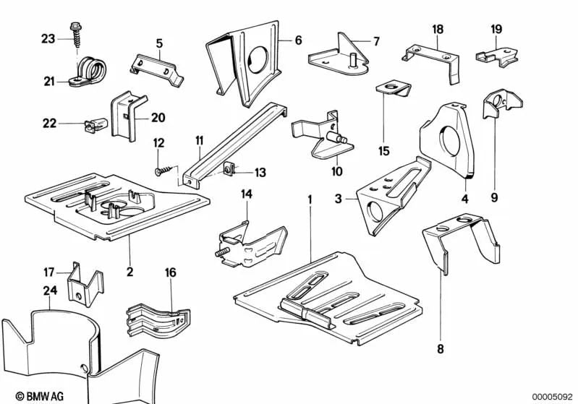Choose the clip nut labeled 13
tap(227, 171)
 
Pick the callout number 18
tap(438, 29)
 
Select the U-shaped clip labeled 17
tap(78, 283)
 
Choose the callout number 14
tap(246, 194)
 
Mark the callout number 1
tap(310, 197)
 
